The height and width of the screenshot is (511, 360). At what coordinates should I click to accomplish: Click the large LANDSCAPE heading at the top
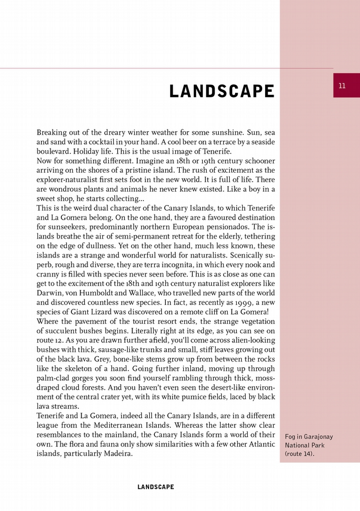(222, 92)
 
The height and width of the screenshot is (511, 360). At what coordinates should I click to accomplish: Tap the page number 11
(342, 85)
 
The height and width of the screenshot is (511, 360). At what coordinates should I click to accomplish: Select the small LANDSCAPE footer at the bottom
(156, 487)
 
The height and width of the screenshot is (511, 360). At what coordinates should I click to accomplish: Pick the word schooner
(256, 161)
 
